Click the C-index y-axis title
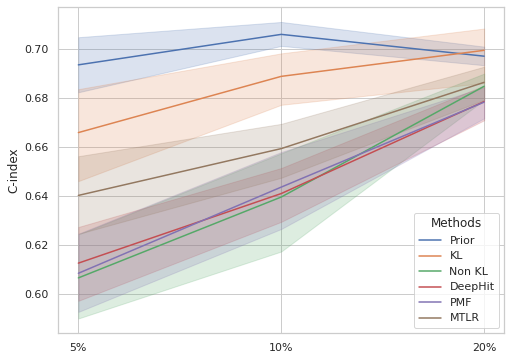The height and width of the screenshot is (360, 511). [x=13, y=170]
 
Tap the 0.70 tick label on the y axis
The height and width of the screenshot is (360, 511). [x=36, y=49]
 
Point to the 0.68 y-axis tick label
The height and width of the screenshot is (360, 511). [x=36, y=98]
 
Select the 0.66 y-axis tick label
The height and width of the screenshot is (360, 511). [x=36, y=147]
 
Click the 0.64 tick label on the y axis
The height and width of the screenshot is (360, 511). [x=36, y=196]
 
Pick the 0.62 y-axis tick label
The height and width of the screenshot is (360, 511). [x=36, y=245]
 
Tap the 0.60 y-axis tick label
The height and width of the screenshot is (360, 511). [x=36, y=294]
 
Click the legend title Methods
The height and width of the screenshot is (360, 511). [x=456, y=223]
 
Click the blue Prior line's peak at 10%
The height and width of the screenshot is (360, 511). [x=281, y=34]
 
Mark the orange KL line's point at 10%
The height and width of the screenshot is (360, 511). [x=281, y=76]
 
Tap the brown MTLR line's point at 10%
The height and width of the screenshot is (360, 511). [x=281, y=149]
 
